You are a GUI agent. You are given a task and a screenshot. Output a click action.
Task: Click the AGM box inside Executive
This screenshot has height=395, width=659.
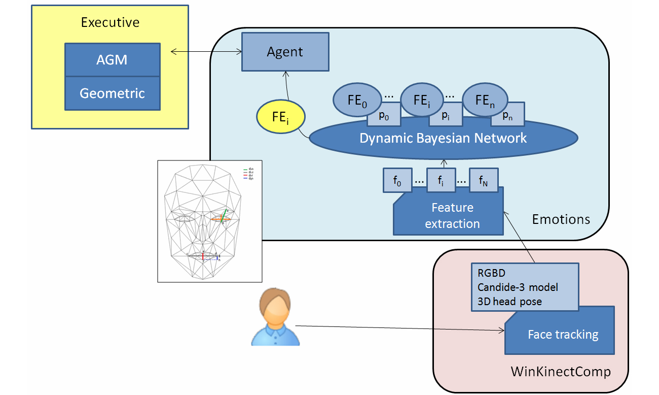[112, 60]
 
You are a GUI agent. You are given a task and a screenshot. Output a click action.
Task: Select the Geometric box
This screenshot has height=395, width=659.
[112, 93]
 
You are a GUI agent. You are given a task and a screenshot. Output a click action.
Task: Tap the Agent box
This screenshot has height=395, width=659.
[285, 52]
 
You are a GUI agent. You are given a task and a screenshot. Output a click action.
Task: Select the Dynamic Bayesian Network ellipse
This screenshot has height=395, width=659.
[443, 138]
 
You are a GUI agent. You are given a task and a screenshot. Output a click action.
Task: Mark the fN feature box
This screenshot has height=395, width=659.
[484, 181]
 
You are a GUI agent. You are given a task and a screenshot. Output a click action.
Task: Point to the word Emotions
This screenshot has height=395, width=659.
[561, 219]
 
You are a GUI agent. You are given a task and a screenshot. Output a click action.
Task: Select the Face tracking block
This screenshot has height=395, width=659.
[563, 335]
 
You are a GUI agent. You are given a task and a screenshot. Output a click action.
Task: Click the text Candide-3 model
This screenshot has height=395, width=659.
[517, 287]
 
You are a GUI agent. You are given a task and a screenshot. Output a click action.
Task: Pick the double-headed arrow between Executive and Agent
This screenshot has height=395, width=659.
[205, 51]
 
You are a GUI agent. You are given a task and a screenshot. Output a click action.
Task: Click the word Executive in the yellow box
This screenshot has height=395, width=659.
[110, 22]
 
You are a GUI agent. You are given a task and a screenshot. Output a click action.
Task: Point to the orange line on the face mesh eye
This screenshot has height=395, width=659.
[221, 219]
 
